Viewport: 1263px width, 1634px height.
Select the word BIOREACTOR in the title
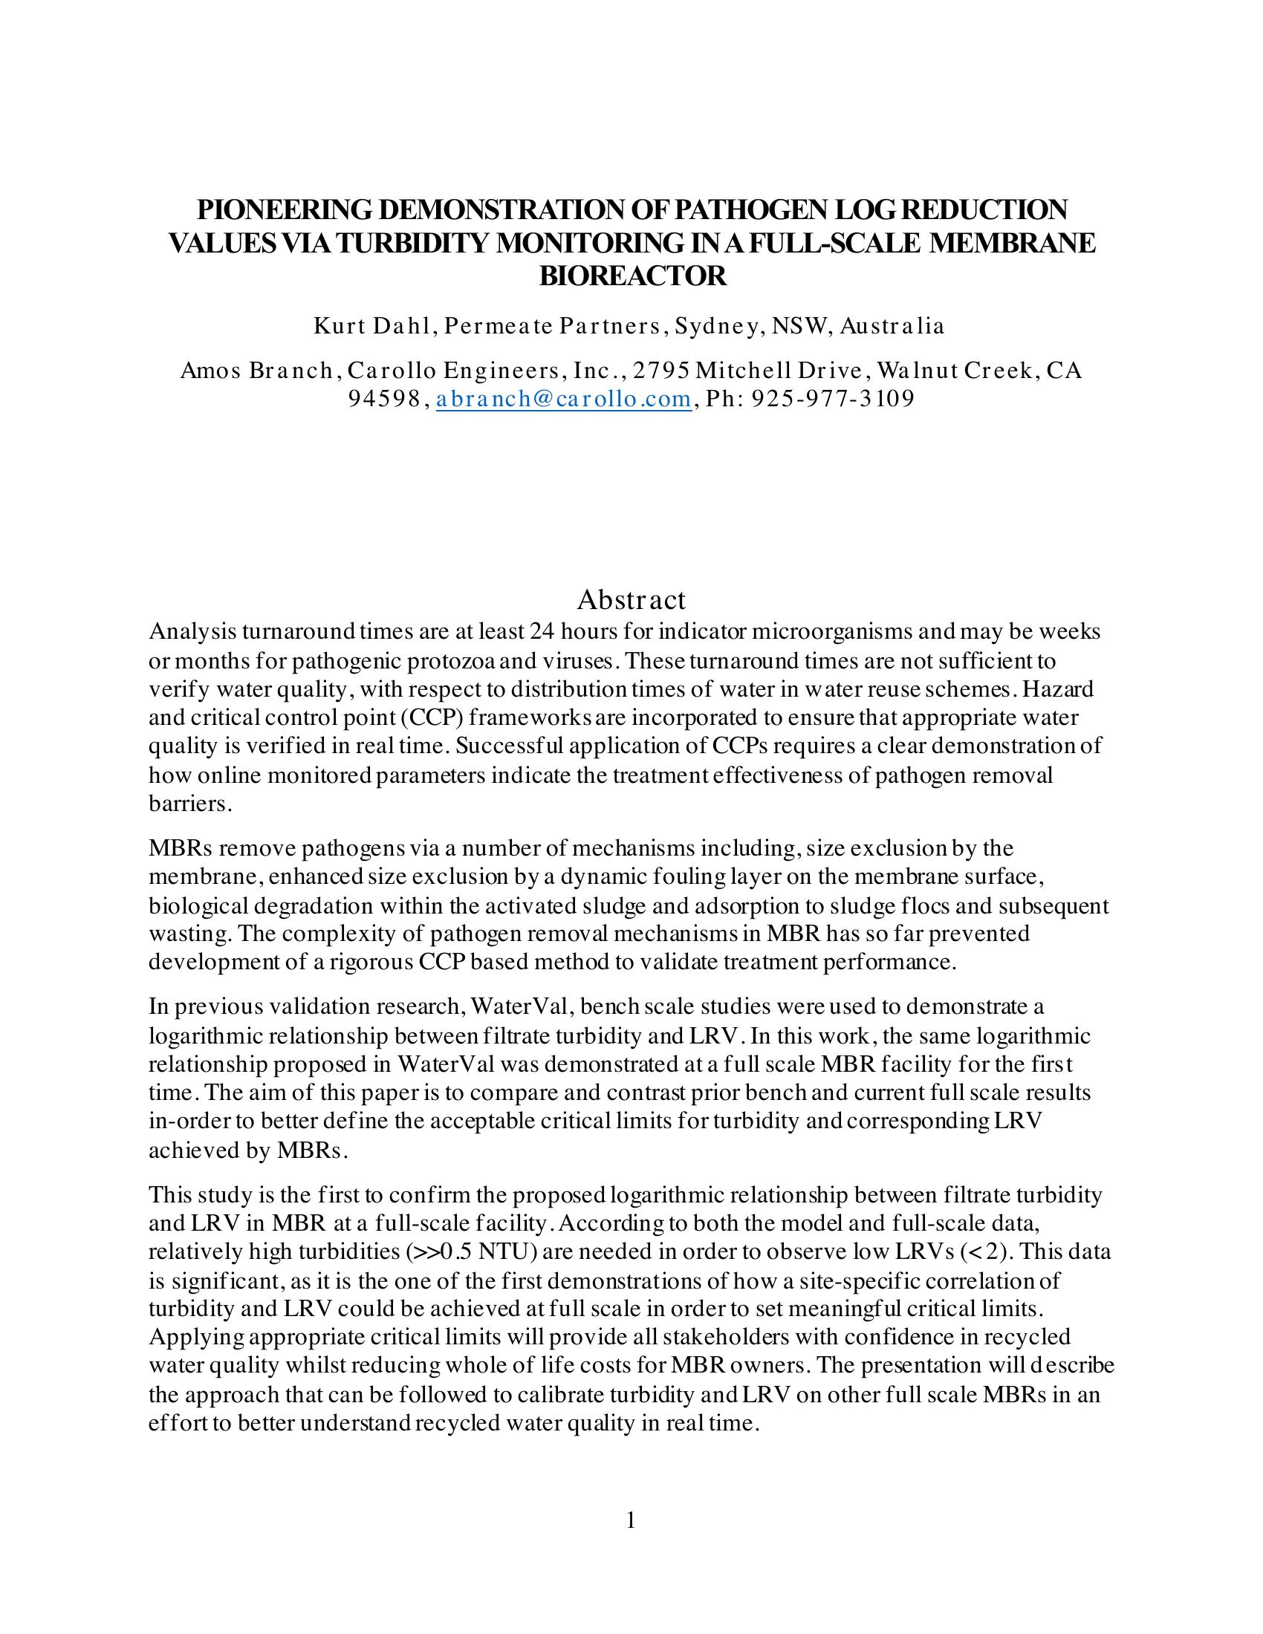632,276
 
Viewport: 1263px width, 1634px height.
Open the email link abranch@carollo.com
563,399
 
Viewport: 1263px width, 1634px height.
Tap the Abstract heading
631,599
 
